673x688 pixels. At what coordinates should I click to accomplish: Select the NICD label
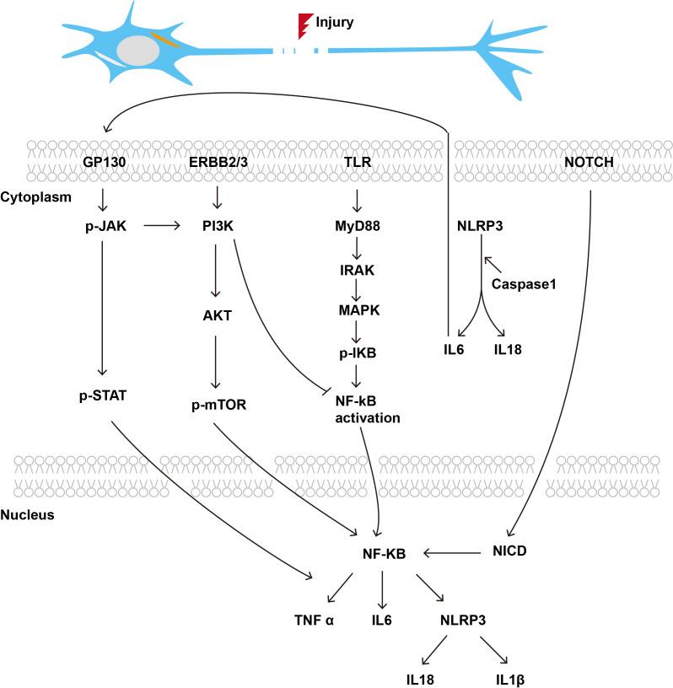tap(509, 554)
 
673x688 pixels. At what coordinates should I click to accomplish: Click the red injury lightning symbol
tap(304, 22)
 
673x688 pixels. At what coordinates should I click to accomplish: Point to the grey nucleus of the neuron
tap(135, 50)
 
